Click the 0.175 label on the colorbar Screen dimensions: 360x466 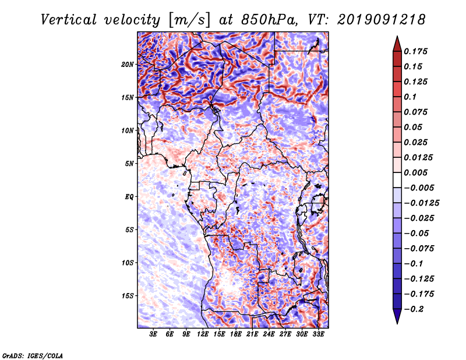[x=418, y=51]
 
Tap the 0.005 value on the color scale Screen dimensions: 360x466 [x=418, y=172]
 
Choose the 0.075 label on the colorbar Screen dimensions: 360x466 [x=418, y=112]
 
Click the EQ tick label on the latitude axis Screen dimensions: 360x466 [x=130, y=197]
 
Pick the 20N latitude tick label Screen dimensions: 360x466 [x=128, y=64]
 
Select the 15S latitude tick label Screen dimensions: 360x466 [x=128, y=296]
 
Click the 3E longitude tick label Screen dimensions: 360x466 [x=153, y=334]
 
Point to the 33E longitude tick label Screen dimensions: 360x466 [x=319, y=334]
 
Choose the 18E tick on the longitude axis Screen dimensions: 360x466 [x=236, y=334]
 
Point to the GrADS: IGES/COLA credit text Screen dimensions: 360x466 [x=33, y=355]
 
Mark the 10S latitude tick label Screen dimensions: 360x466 [x=128, y=263]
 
